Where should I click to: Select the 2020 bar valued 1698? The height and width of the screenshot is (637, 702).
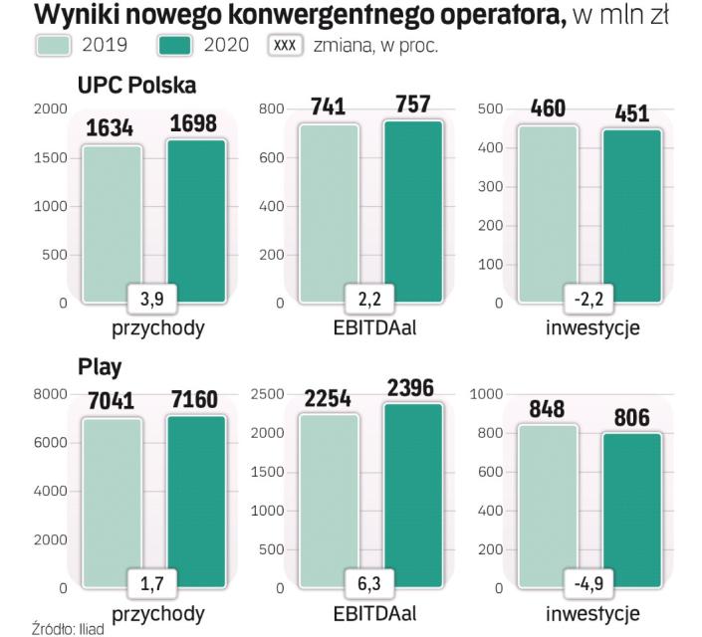196,220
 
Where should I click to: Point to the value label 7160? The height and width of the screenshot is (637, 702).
195,403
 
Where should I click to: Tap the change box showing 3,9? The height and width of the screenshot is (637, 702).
154,297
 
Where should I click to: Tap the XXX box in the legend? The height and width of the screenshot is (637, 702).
287,46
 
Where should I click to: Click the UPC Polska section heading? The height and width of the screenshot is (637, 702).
136,86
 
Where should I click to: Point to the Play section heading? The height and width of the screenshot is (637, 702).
100,367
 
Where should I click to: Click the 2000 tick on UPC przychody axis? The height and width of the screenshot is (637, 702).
48,109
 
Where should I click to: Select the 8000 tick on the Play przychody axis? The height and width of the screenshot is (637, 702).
48,394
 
